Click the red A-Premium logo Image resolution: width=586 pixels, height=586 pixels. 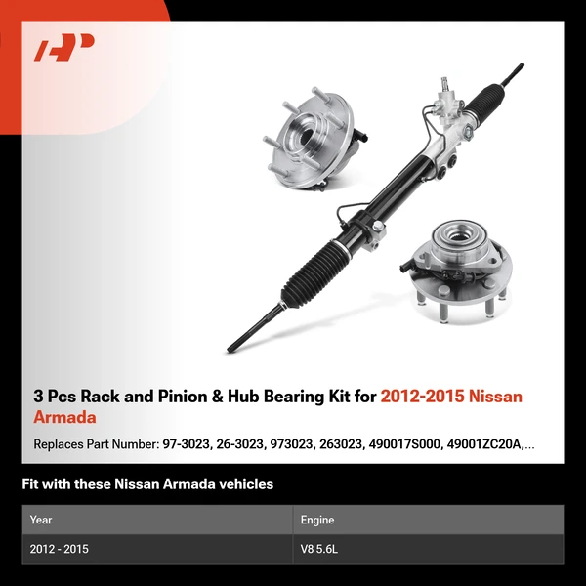pyautogui.click(x=64, y=48)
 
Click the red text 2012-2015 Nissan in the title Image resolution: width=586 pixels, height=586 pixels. pyautogui.click(x=451, y=397)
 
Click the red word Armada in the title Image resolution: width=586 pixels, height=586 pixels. pyautogui.click(x=64, y=418)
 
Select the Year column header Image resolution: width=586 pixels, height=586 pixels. pyautogui.click(x=42, y=520)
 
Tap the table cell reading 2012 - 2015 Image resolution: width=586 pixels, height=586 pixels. pyautogui.click(x=60, y=549)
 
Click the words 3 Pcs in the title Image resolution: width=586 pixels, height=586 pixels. pyautogui.click(x=53, y=397)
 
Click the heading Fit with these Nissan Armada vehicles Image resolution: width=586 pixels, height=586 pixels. pyautogui.click(x=147, y=483)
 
